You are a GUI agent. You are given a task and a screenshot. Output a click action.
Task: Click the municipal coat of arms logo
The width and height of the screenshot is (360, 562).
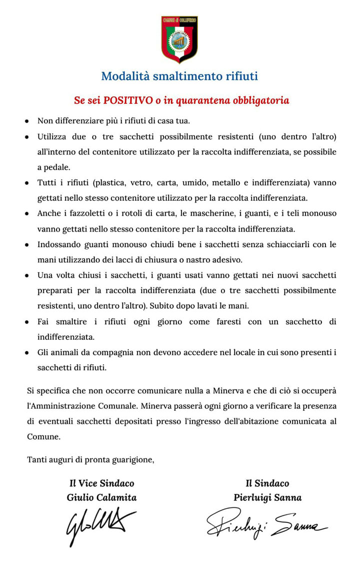pos(179,39)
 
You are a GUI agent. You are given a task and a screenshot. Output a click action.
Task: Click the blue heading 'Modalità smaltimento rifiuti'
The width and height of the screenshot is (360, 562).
pos(179,76)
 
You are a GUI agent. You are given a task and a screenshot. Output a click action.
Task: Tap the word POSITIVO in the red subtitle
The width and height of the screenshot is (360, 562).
pos(128,101)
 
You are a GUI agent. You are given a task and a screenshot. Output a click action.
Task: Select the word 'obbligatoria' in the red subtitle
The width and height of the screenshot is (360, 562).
pos(260,101)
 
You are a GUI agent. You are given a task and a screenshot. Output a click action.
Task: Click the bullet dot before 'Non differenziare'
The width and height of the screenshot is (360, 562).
pos(27,121)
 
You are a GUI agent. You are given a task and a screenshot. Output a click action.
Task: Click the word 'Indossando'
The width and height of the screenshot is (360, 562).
pos(58,245)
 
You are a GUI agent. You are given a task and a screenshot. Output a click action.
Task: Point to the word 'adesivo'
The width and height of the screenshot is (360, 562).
pos(227,260)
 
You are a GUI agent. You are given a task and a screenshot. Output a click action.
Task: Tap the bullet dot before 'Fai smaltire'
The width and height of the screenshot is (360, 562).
pos(27,322)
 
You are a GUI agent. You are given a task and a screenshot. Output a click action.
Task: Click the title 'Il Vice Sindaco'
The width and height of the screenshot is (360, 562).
pos(101,483)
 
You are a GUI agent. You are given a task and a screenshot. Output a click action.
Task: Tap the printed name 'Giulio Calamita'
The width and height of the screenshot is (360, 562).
pos(101,497)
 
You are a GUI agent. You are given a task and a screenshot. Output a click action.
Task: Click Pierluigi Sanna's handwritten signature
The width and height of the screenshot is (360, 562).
pos(267,523)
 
